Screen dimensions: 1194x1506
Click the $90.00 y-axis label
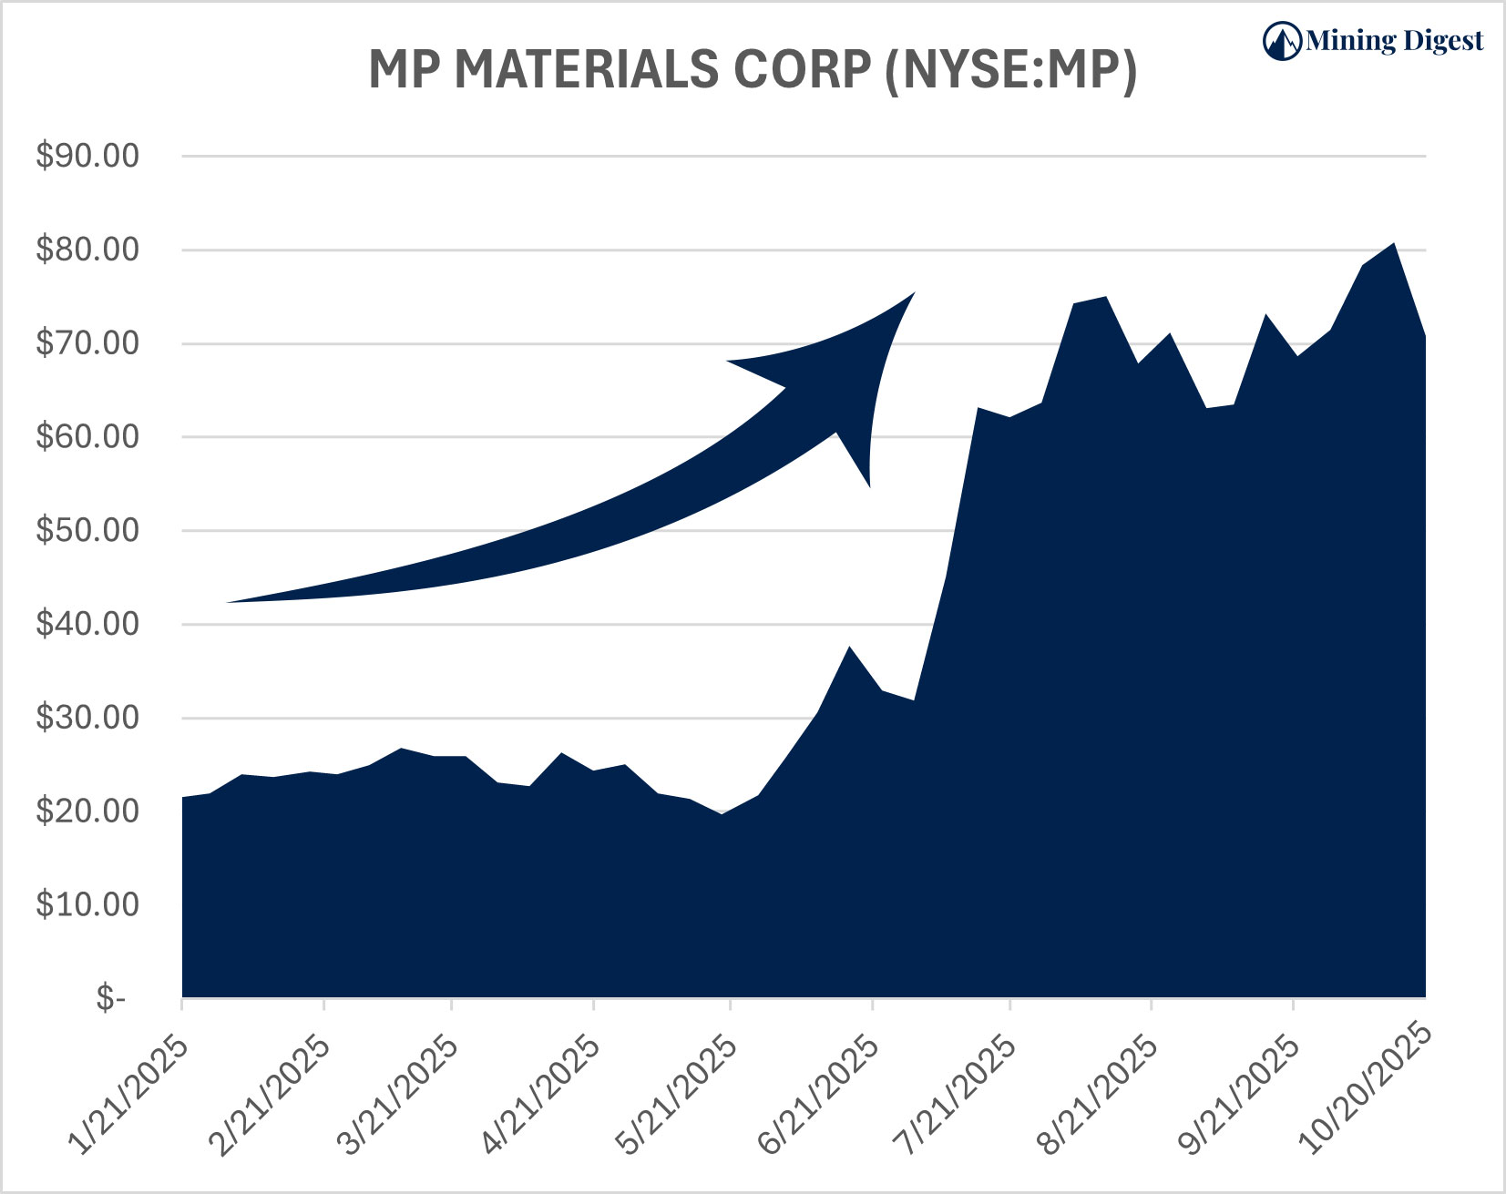tap(87, 156)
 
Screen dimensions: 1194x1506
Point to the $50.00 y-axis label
tap(87, 530)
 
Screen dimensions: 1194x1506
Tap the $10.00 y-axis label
tap(87, 904)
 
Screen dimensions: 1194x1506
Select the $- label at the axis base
tap(110, 999)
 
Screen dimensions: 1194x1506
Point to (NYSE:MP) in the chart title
tap(1010, 70)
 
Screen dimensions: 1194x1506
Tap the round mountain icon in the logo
tap(1282, 41)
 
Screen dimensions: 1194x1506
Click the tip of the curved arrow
tap(913, 293)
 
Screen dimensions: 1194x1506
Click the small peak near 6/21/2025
tap(849, 647)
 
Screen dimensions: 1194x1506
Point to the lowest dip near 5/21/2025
tap(722, 813)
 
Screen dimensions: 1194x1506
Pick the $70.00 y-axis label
tap(87, 343)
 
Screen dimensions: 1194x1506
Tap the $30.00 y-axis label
tap(87, 718)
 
